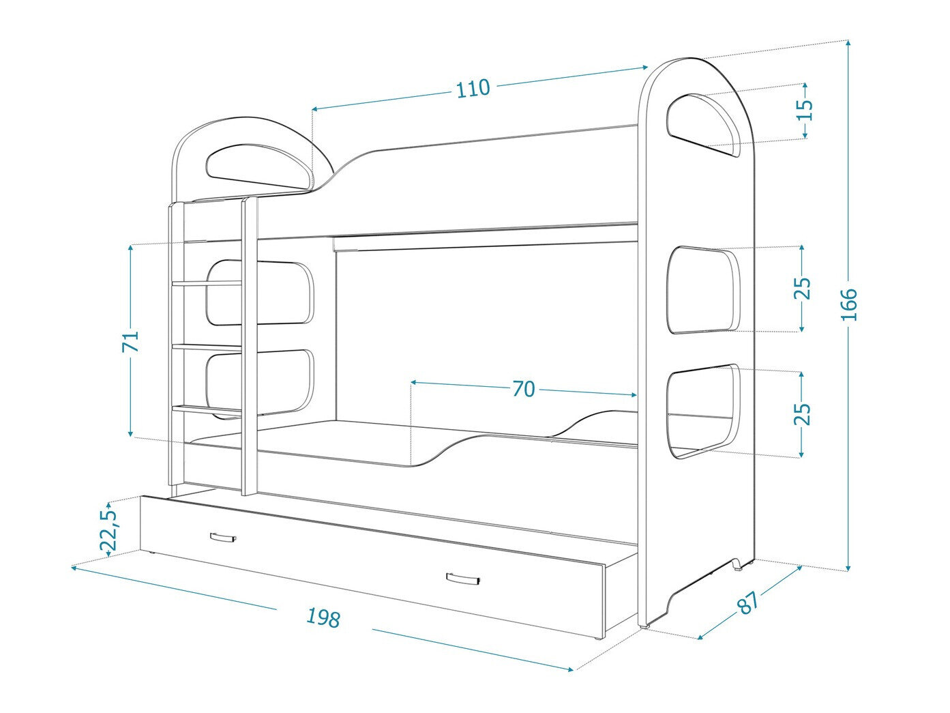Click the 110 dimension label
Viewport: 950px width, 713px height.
pos(473,88)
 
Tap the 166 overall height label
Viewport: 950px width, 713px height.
pos(848,304)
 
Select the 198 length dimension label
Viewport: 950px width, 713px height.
pos(323,617)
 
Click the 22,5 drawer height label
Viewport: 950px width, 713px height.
pos(109,529)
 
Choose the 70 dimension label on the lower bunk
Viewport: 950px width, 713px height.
pos(523,389)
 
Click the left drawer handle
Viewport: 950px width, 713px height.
pos(222,538)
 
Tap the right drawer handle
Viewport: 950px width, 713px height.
pos(464,579)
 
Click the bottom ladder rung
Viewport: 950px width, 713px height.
pos(207,409)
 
